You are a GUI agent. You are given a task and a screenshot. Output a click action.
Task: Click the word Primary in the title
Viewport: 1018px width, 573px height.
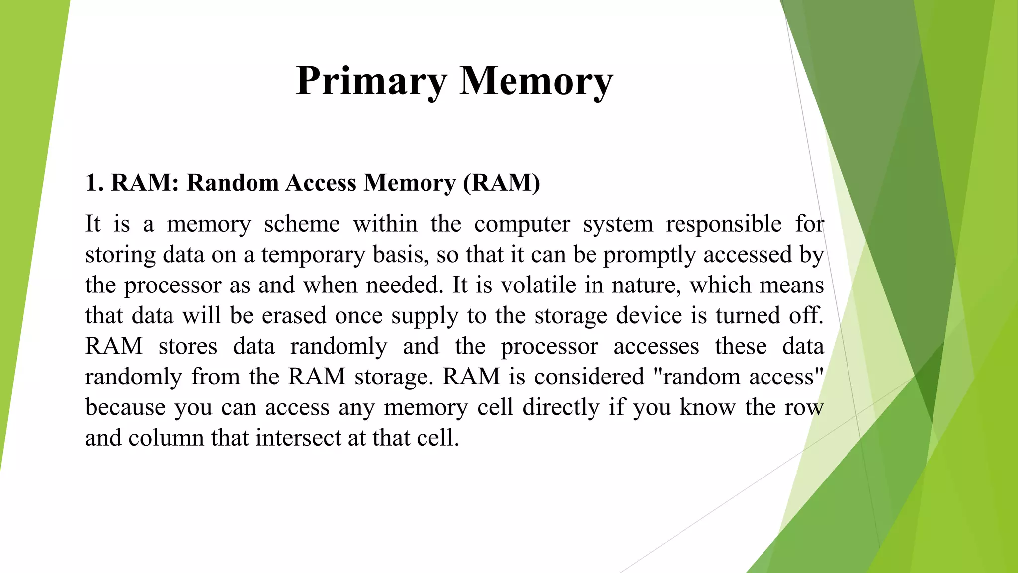coord(371,81)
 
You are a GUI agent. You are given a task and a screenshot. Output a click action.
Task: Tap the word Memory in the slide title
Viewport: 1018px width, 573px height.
coord(536,81)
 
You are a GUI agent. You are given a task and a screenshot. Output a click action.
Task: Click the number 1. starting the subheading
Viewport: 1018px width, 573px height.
coord(94,183)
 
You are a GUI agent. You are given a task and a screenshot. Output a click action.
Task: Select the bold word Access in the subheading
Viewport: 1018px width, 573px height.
coord(321,183)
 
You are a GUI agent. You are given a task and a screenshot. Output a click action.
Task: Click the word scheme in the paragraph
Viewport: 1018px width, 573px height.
coord(302,224)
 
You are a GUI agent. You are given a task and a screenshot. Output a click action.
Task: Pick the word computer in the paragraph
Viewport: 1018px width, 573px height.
coord(522,224)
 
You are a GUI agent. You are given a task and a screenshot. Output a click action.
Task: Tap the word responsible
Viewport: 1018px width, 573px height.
coord(724,224)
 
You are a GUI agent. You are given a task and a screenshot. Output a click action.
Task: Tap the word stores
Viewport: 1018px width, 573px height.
coord(187,346)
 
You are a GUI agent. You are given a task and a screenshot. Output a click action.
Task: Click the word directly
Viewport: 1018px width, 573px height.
coord(561,407)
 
